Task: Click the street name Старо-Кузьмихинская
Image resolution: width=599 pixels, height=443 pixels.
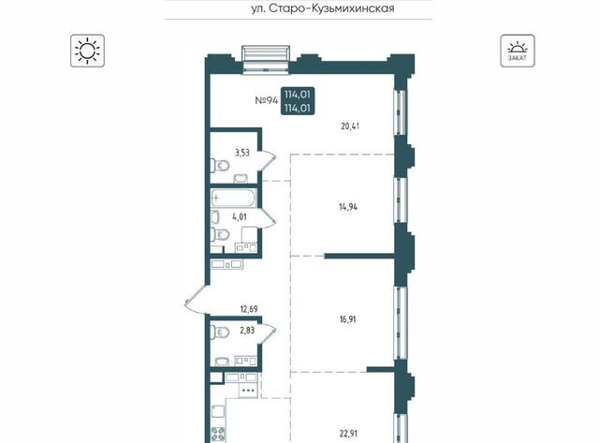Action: click(x=331, y=8)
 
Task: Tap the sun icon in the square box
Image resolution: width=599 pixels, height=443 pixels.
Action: click(x=87, y=51)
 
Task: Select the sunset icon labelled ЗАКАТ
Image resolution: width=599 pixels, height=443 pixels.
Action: click(x=518, y=51)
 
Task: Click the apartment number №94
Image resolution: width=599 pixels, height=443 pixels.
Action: click(x=266, y=100)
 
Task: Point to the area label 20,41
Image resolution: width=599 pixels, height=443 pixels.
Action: click(x=350, y=126)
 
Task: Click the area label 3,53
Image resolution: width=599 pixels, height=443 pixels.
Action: click(x=242, y=153)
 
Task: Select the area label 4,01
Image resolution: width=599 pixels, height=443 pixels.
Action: click(x=240, y=217)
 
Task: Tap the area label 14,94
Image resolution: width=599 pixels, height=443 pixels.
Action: click(x=348, y=207)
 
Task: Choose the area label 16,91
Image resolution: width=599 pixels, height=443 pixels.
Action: click(x=347, y=319)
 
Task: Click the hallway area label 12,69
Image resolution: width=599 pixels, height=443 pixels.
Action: click(x=249, y=309)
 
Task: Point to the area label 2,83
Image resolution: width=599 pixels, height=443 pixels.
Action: click(x=247, y=330)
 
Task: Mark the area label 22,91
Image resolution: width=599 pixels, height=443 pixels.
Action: click(x=348, y=434)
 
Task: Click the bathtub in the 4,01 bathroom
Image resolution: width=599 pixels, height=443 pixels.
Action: click(x=234, y=199)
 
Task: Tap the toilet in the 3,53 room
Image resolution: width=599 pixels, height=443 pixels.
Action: click(x=220, y=166)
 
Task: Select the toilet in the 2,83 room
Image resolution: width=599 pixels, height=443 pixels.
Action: click(x=220, y=332)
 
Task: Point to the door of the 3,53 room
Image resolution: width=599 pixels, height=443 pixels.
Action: click(x=267, y=160)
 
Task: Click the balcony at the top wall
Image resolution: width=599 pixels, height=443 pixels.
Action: click(x=266, y=59)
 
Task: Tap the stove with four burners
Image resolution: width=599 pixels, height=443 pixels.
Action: click(x=218, y=436)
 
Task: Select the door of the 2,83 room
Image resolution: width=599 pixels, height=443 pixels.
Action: click(x=267, y=334)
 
